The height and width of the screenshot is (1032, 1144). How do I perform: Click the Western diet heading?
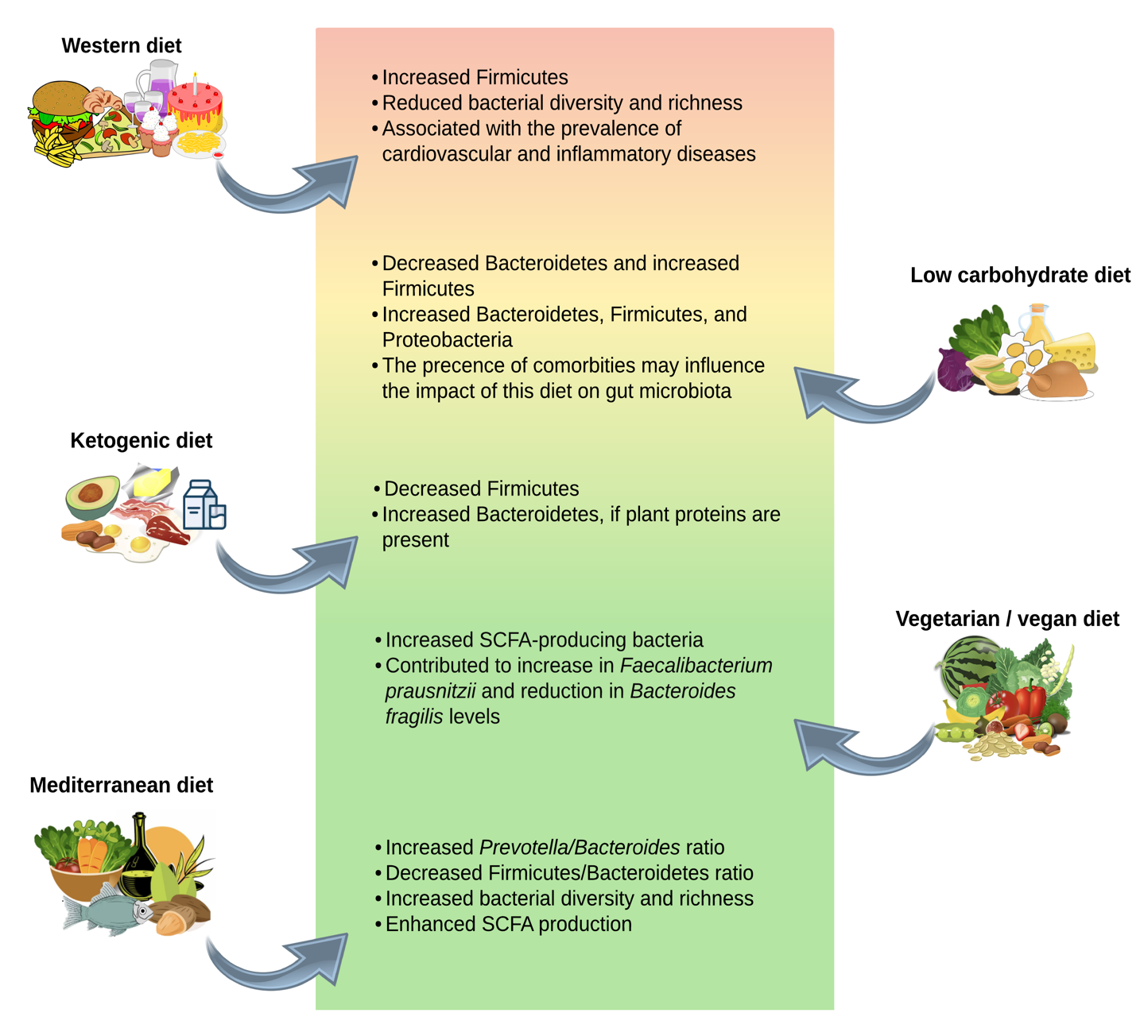tap(121, 46)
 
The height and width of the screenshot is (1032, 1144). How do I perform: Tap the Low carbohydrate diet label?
tap(1019, 276)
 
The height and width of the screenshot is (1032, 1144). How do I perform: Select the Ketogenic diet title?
tap(141, 441)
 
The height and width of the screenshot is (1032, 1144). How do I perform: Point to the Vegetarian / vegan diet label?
tap(1006, 620)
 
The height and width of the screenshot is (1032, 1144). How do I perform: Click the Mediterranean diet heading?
tap(121, 786)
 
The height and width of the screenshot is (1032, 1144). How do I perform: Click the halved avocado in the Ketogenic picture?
tap(91, 494)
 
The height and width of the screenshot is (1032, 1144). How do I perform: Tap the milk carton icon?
tap(204, 505)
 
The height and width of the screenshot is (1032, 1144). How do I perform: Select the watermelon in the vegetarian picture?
tap(965, 663)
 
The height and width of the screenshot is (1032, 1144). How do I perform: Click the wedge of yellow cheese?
tap(1073, 350)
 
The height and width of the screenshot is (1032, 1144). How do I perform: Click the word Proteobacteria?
tap(447, 340)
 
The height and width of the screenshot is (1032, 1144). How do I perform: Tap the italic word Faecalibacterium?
tap(696, 666)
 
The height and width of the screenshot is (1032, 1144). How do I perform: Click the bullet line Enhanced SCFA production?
tap(508, 925)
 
